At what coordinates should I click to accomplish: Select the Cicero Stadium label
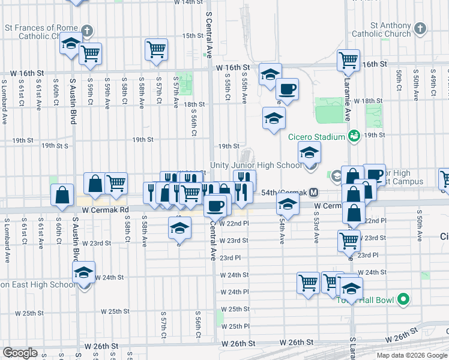tap(317, 137)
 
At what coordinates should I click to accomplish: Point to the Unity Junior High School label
tap(256, 166)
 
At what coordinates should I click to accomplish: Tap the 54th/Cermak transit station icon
tap(313, 193)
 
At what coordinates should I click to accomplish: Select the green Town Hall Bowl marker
tap(404, 298)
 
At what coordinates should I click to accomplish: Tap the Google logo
tap(20, 353)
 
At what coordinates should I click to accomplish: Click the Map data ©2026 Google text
tap(411, 356)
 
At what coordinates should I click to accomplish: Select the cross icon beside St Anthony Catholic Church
tap(420, 28)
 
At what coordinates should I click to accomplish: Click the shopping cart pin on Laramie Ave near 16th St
tap(348, 60)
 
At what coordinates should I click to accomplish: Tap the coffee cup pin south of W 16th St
tap(287, 89)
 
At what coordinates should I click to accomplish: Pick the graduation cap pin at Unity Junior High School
tap(310, 152)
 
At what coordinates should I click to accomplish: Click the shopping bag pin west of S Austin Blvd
tap(62, 195)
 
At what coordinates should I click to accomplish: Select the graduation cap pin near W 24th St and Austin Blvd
tap(84, 273)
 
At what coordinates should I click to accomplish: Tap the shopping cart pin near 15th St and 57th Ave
tap(156, 49)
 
